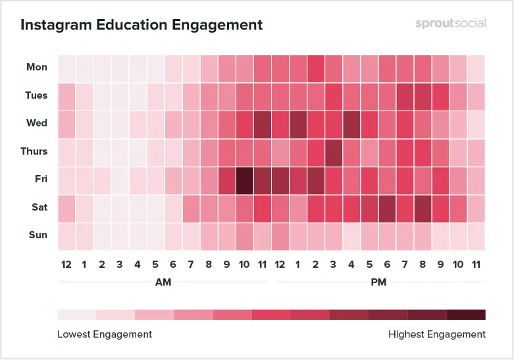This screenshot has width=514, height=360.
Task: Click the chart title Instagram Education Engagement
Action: point(141,25)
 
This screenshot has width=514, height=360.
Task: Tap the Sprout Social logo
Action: point(451,23)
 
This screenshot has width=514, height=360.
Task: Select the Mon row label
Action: point(37,67)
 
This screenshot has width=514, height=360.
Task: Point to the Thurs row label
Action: point(34,151)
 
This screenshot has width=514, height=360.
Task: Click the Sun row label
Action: point(38,235)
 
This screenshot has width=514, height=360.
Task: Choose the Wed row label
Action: point(37,123)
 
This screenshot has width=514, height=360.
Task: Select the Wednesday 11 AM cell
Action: point(263,124)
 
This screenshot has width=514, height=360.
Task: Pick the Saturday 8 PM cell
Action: point(423,208)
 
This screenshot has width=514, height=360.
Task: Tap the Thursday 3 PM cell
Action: point(334,152)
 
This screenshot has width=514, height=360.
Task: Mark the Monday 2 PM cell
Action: point(316,68)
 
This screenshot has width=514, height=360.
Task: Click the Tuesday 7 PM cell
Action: point(405,96)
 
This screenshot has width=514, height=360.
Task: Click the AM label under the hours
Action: point(164,282)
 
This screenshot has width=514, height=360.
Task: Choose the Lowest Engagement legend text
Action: point(105,334)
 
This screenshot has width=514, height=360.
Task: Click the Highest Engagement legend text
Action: point(437,334)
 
